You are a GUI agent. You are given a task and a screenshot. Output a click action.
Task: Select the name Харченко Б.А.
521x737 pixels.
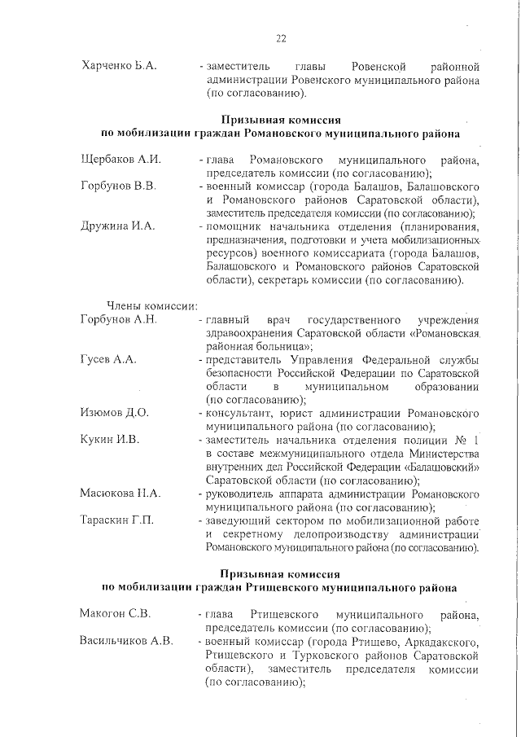pos(119,64)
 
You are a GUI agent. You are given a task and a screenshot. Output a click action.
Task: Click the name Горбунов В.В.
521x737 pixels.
pos(118,186)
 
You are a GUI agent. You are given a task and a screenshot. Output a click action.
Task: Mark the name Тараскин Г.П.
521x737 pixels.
pos(117,520)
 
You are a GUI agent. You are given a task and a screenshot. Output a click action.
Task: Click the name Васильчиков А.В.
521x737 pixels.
pos(126,639)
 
